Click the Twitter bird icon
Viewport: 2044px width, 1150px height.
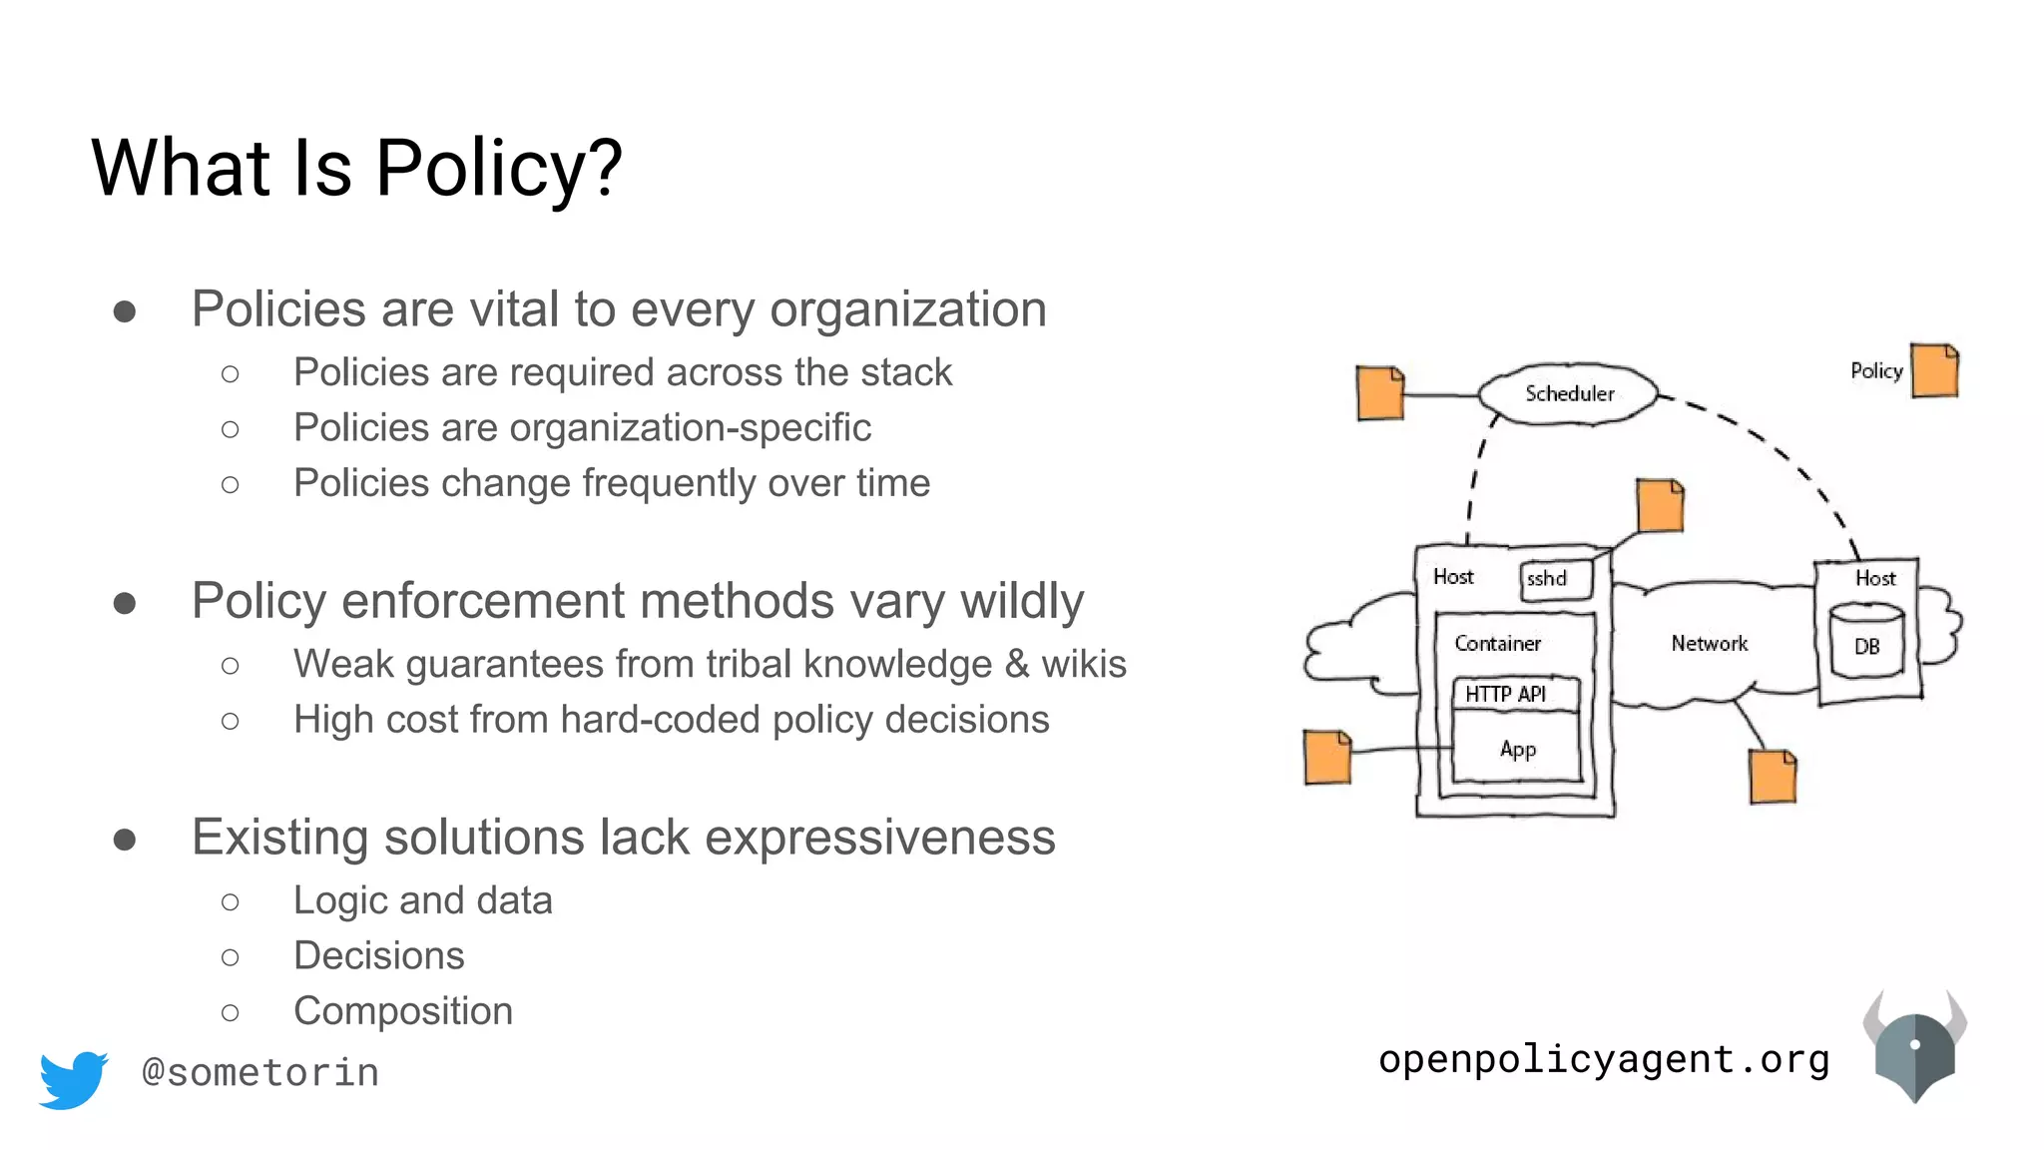click(73, 1078)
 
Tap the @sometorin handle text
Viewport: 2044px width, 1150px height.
click(260, 1073)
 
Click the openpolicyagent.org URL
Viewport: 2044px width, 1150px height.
click(1604, 1059)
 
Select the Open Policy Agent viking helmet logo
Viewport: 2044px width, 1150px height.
click(1914, 1047)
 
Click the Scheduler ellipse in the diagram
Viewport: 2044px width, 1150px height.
click(1568, 393)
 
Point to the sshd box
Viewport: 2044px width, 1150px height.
click(1555, 579)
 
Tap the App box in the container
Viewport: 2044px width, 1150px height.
click(1517, 749)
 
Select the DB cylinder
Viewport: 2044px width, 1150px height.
click(1866, 641)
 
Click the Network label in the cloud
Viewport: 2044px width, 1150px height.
click(1709, 644)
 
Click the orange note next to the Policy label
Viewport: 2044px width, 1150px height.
click(1934, 371)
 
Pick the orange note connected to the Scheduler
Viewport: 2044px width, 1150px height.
click(1380, 393)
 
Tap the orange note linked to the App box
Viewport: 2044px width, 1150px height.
click(1327, 758)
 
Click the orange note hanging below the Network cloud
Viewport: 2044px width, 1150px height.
click(1773, 777)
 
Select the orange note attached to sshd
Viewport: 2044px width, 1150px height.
click(1660, 506)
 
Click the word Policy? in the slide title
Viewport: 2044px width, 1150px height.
click(499, 168)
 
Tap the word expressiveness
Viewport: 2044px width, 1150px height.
click(879, 837)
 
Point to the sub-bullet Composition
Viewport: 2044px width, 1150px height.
click(403, 1011)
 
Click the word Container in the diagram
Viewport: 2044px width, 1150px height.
click(1497, 644)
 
